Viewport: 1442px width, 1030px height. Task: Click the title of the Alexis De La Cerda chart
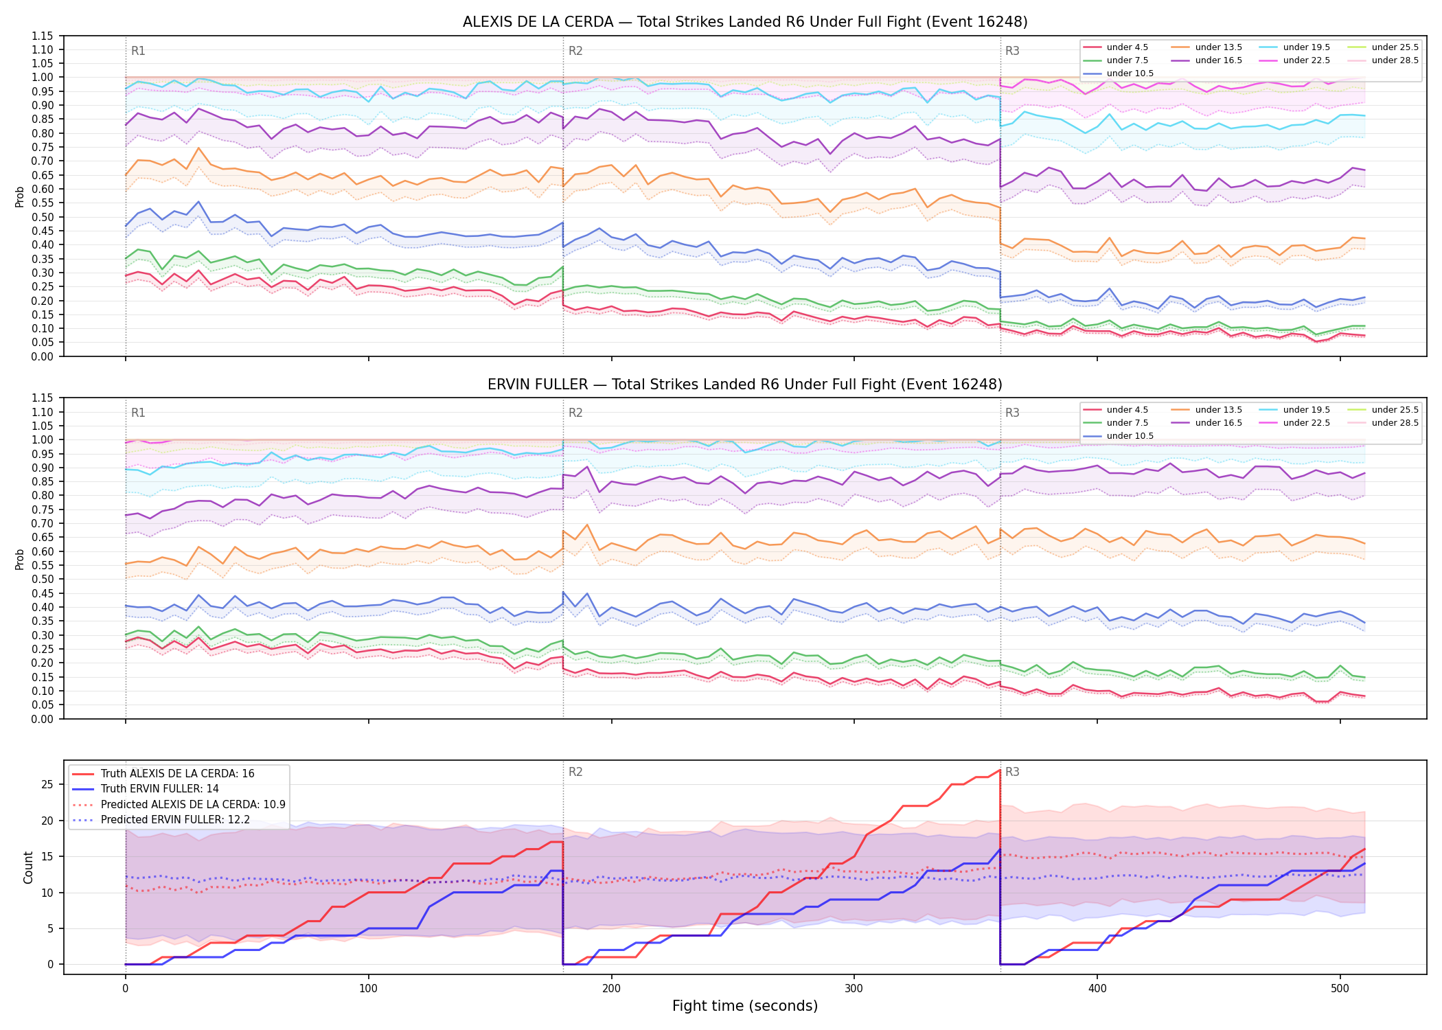pyautogui.click(x=745, y=22)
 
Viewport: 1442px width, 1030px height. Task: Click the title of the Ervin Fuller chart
pyautogui.click(x=745, y=385)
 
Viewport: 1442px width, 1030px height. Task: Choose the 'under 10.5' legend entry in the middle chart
pyautogui.click(x=1119, y=436)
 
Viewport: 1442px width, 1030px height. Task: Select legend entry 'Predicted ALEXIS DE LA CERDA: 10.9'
pyautogui.click(x=179, y=804)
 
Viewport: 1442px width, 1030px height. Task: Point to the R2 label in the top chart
pyautogui.click(x=575, y=51)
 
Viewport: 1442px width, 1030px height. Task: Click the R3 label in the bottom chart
pyautogui.click(x=1012, y=772)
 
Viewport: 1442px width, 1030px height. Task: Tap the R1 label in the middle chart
pyautogui.click(x=138, y=413)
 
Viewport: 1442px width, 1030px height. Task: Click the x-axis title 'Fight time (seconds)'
pyautogui.click(x=745, y=1006)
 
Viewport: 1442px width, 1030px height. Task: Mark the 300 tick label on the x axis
pyautogui.click(x=854, y=989)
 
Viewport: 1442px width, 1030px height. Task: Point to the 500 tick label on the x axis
pyautogui.click(x=1340, y=989)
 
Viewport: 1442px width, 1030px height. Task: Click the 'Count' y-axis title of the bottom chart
pyautogui.click(x=28, y=867)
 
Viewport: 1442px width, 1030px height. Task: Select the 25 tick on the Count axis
pyautogui.click(x=48, y=785)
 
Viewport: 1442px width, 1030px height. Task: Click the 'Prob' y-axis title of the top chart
pyautogui.click(x=20, y=196)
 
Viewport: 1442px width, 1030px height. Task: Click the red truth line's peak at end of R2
pyautogui.click(x=1000, y=770)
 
